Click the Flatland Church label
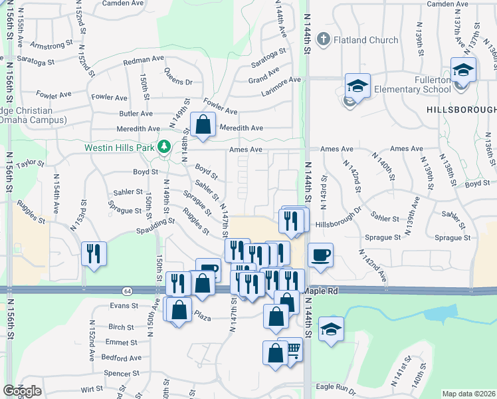click(x=366, y=40)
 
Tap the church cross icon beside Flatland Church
click(x=324, y=39)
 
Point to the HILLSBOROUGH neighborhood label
click(x=461, y=109)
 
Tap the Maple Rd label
click(x=321, y=291)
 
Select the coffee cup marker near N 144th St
click(x=320, y=255)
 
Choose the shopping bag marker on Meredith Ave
click(x=203, y=124)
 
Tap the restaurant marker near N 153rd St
click(x=94, y=253)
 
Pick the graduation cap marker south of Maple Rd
click(x=330, y=329)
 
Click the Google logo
click(x=22, y=391)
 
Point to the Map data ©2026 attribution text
click(x=469, y=394)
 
